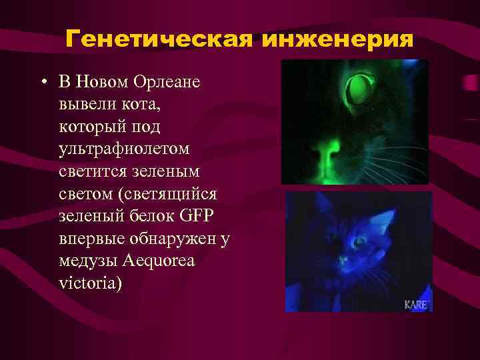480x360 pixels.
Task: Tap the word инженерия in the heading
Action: [x=338, y=40]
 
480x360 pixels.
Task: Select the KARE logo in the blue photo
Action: [x=417, y=304]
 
